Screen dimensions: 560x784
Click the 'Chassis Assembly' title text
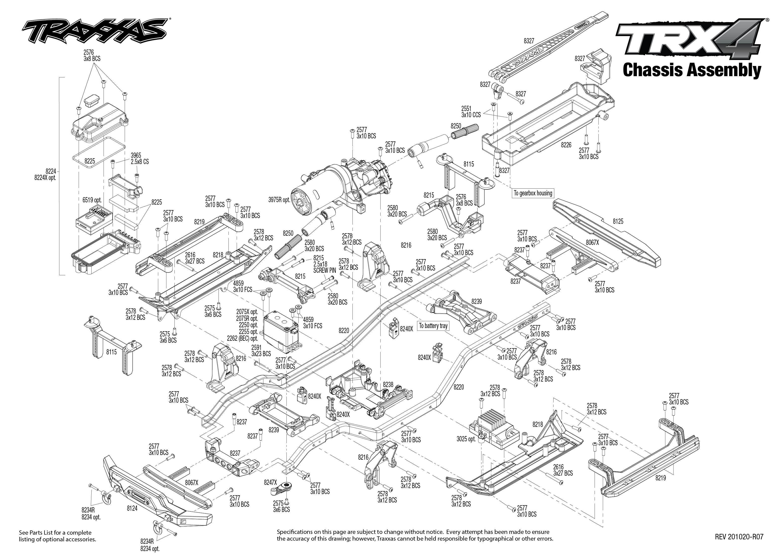(x=692, y=70)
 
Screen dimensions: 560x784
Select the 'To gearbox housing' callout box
(x=533, y=193)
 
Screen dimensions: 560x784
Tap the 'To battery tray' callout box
(x=433, y=326)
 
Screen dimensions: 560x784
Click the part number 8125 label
(x=618, y=221)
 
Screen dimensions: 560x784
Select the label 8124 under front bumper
(x=132, y=508)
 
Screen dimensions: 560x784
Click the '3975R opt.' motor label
(x=279, y=200)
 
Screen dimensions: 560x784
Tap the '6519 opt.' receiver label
(x=92, y=200)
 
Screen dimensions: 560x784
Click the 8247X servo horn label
(x=270, y=482)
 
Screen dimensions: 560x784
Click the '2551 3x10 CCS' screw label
(x=471, y=112)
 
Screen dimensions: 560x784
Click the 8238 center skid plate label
(x=388, y=384)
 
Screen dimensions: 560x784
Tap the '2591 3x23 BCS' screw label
(x=261, y=351)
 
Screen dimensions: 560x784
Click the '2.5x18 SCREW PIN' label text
(x=324, y=267)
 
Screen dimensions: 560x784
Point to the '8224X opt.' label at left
(x=45, y=178)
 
